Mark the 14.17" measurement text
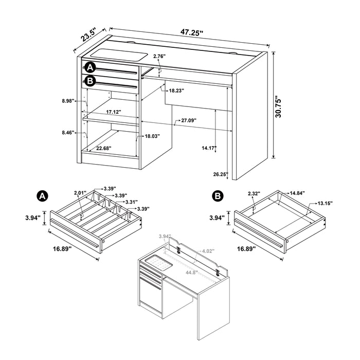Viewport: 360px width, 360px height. tap(209, 148)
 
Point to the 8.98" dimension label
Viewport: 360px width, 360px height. tap(67, 101)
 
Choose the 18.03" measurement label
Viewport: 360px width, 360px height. tap(151, 136)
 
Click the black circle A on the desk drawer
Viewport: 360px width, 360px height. tap(91, 67)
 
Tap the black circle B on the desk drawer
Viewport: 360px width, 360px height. tap(91, 81)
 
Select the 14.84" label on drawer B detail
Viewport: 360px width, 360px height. tap(297, 193)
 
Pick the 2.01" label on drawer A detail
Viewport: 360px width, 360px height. tap(80, 193)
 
